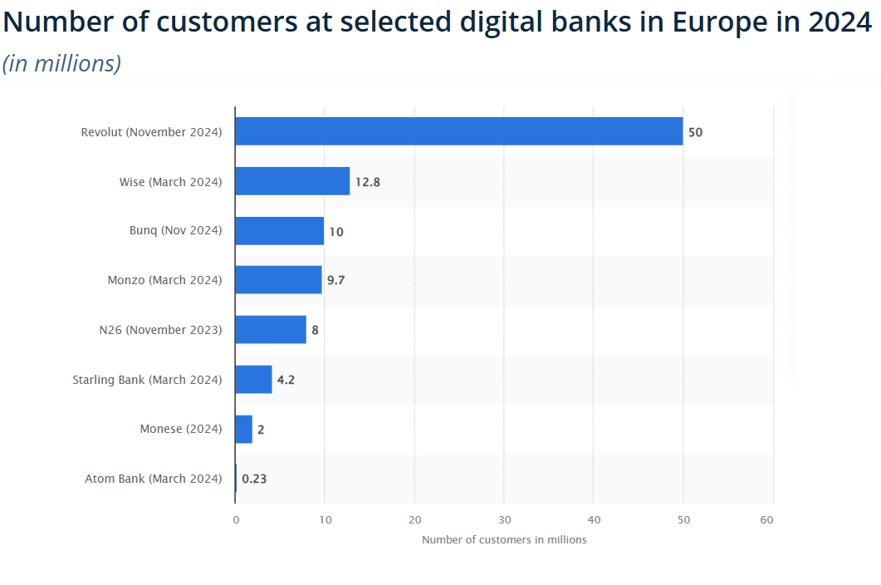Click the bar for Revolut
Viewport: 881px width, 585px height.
point(458,132)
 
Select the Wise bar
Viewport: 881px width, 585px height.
point(292,181)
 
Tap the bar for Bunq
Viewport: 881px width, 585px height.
point(280,231)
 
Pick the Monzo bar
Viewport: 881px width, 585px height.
point(278,280)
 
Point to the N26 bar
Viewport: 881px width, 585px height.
point(271,330)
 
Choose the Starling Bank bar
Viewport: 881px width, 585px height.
point(253,380)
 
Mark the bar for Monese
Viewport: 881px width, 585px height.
point(243,429)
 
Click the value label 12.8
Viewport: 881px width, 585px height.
point(367,182)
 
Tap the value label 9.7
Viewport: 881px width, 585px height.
point(335,281)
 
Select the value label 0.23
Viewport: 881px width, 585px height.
point(254,479)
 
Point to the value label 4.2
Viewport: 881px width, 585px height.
point(286,380)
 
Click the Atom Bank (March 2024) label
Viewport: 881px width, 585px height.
point(154,479)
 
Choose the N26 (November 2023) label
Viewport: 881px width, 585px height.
point(160,330)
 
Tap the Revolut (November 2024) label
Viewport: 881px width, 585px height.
point(151,132)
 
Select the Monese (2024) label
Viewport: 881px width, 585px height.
point(181,429)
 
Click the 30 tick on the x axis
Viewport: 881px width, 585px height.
point(504,520)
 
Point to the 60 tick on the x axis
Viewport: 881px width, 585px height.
point(766,520)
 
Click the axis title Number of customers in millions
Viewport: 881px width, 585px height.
point(504,540)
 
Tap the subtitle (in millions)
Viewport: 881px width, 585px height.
point(62,63)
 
